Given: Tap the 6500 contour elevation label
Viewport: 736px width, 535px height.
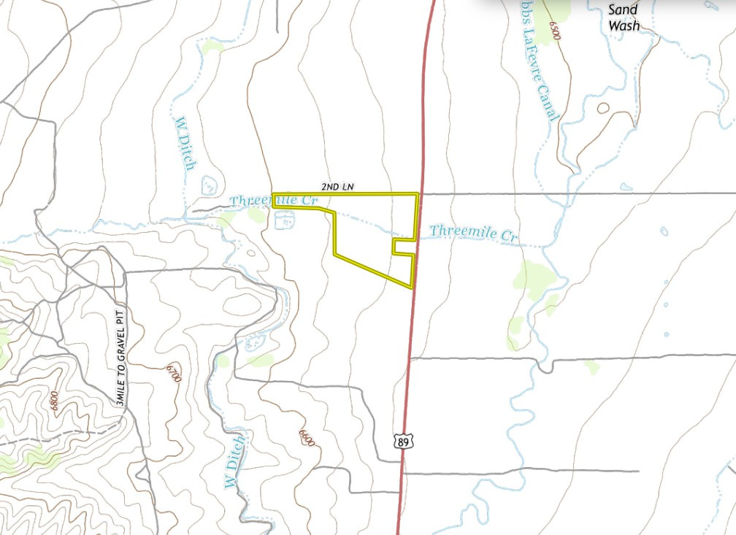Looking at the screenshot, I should [x=559, y=31].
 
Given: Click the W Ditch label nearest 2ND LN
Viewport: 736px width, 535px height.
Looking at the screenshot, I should [x=185, y=143].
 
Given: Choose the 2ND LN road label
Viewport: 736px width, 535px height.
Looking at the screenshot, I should [x=337, y=188].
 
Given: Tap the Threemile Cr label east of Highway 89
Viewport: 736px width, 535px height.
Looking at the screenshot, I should [x=473, y=234].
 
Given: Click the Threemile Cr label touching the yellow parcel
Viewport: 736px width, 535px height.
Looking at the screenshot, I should [x=274, y=200].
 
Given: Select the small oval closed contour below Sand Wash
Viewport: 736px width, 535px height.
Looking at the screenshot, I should [x=603, y=108].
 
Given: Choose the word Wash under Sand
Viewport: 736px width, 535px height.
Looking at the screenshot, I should [x=624, y=26].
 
